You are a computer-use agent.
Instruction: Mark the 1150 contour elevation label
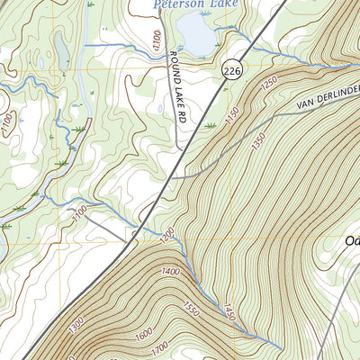coord(232,117)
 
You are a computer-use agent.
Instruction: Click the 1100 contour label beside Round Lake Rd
coord(157,40)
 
